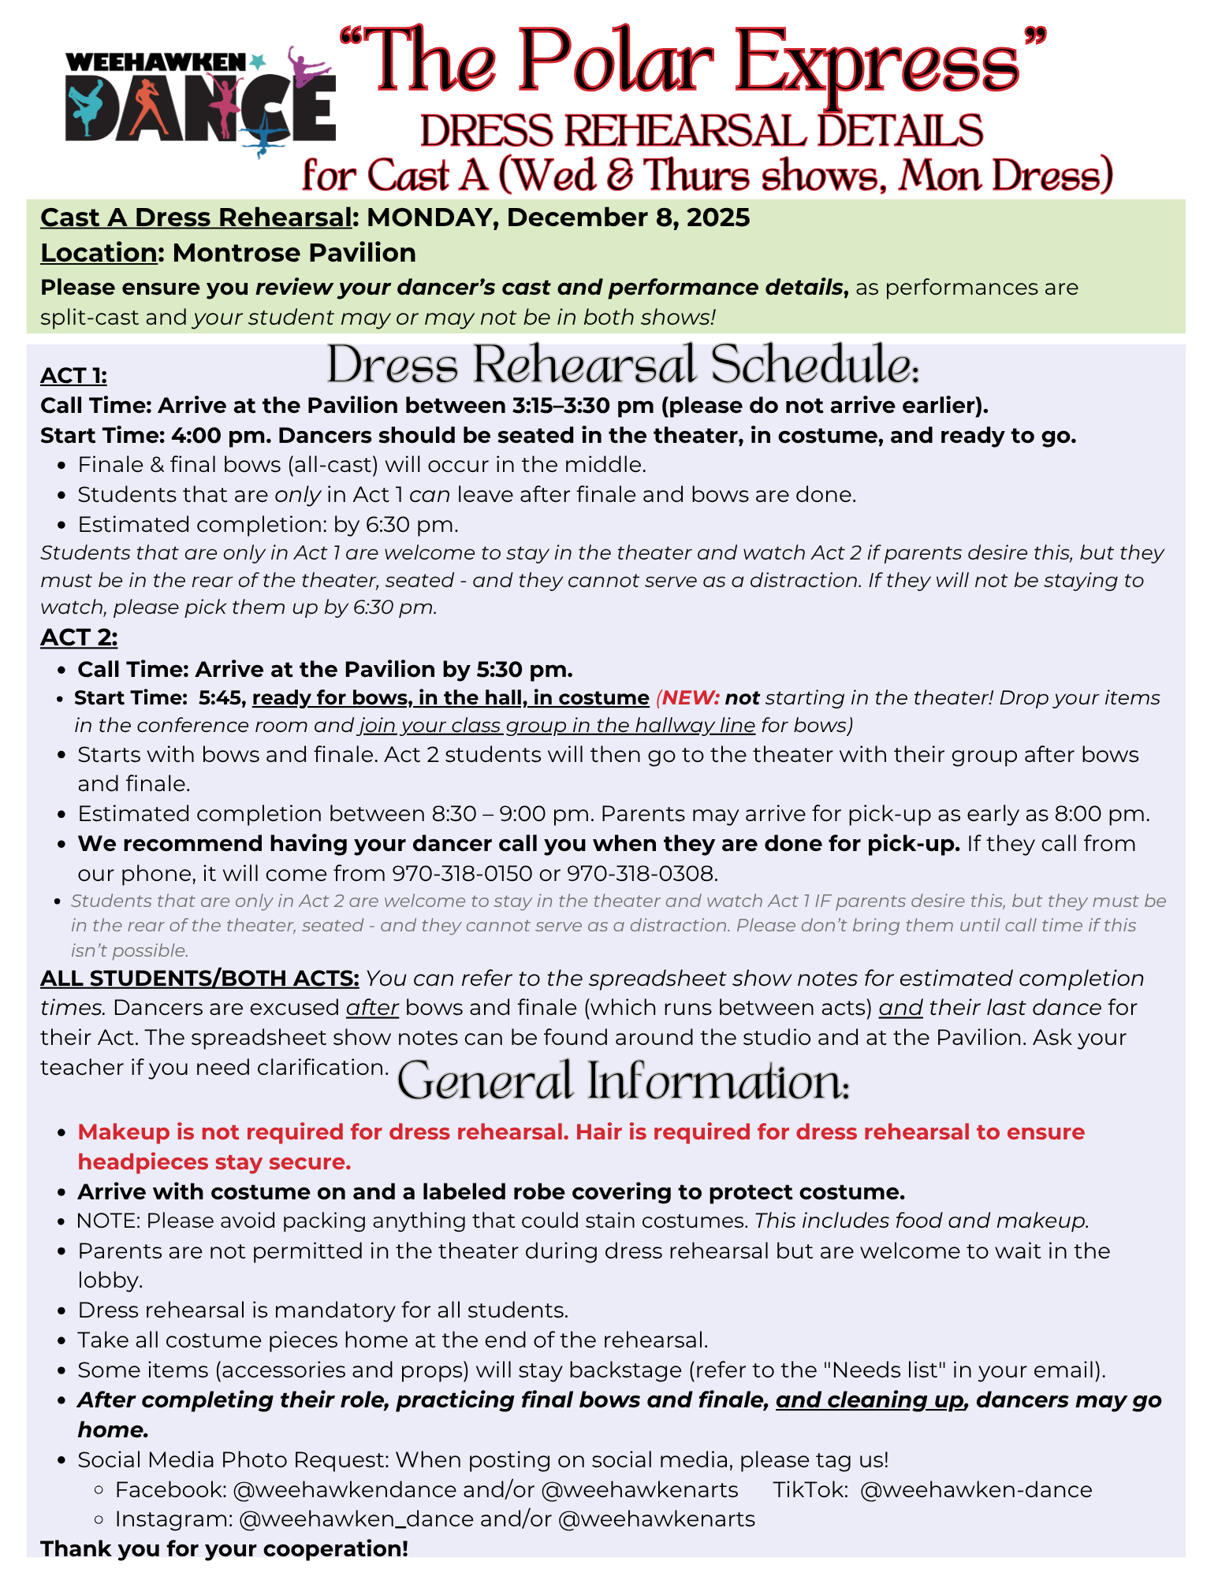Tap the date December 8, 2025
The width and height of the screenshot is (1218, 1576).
pos(628,217)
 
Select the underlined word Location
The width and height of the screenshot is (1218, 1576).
pos(99,253)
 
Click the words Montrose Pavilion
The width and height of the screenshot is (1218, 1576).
pos(294,253)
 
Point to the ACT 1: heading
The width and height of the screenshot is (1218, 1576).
pos(73,376)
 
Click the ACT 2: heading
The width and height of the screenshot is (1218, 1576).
pos(79,637)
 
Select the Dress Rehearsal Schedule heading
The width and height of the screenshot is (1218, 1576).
pos(623,365)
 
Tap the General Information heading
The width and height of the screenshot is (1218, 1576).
pos(623,1081)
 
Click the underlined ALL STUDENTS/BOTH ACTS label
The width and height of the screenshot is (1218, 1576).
pos(199,978)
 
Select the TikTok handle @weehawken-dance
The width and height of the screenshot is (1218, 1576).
pos(976,1489)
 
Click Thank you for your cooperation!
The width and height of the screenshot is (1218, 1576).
pos(225,1548)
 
